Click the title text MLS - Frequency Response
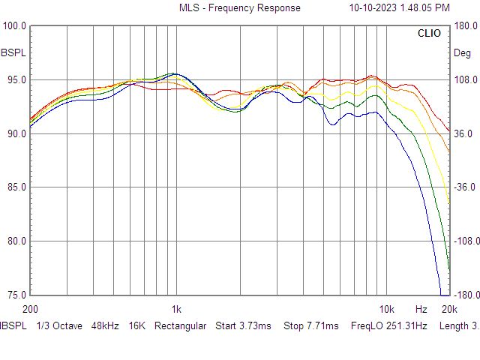pos(239,8)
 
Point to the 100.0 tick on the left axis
pos(15,25)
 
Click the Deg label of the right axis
pos(462,53)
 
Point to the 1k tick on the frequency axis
pos(176,309)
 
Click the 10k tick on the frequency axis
pos(386,309)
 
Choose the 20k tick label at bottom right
pos(449,309)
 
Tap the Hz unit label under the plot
pos(421,309)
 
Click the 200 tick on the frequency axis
pos(30,309)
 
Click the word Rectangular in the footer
pos(180,326)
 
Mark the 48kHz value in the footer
pos(106,326)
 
